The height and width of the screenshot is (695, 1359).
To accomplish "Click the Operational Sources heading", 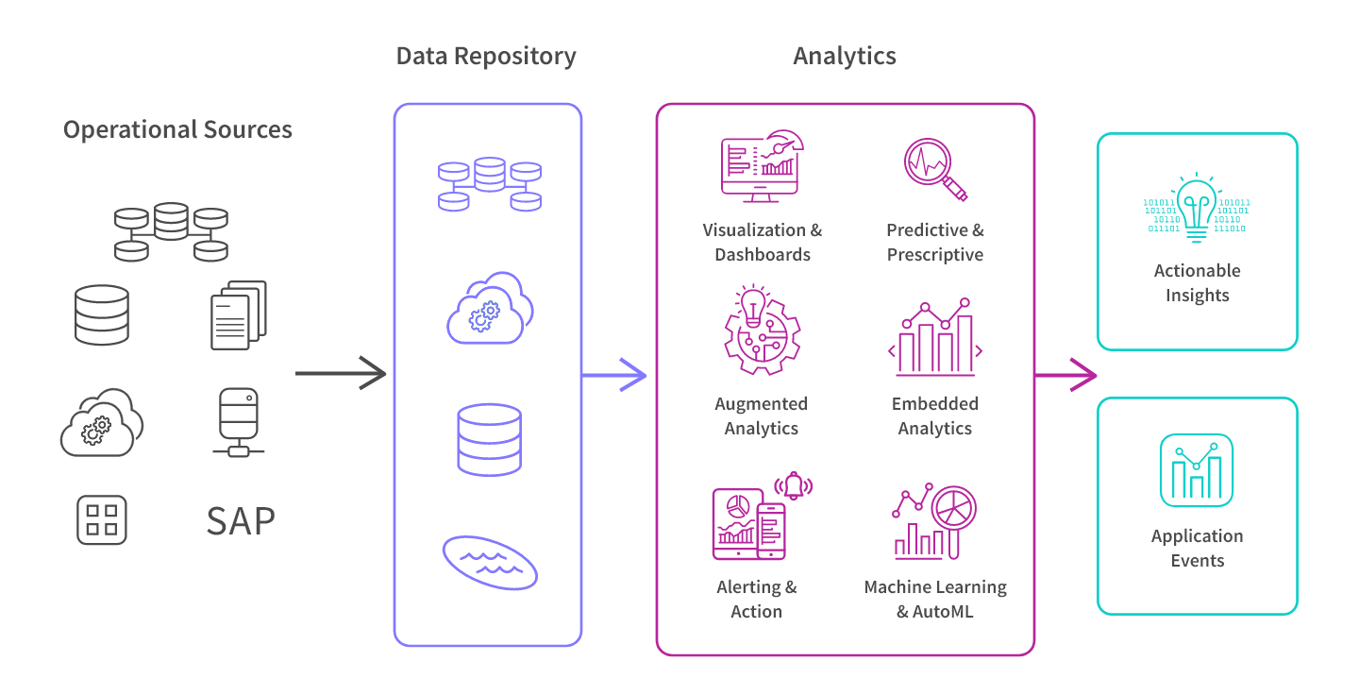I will tap(177, 129).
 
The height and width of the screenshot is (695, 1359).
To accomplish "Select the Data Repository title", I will tap(486, 56).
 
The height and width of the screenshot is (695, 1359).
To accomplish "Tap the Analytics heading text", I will tap(845, 56).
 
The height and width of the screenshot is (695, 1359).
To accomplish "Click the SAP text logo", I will tap(241, 520).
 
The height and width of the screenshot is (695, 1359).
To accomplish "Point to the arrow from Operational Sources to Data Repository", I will tap(341, 374).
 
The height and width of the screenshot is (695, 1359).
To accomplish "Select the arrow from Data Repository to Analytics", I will tap(614, 376).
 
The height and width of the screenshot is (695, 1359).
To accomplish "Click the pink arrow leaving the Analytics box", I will tap(1065, 376).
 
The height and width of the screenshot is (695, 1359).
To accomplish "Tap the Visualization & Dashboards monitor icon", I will tap(761, 166).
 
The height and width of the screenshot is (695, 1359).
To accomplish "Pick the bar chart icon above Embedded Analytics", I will tap(935, 337).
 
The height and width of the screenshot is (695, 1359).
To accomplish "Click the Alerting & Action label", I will tap(757, 599).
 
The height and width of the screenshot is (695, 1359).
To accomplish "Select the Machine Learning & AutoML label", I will tap(935, 599).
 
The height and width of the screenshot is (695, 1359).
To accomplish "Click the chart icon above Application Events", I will tap(1197, 470).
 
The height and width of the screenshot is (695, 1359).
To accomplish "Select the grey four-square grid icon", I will tap(101, 520).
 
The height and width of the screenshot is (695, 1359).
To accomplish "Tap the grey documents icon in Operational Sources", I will tap(238, 314).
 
